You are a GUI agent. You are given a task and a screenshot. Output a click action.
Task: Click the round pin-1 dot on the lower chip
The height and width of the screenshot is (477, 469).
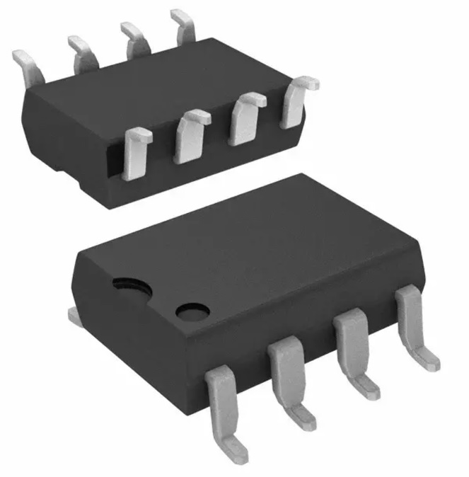point(193,311)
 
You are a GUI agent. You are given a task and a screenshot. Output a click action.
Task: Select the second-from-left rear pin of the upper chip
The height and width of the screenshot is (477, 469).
point(83,51)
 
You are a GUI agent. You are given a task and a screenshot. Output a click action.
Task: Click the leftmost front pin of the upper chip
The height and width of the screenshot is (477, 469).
point(135,151)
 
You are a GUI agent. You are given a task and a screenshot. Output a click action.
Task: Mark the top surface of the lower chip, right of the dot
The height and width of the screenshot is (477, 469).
point(297,248)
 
